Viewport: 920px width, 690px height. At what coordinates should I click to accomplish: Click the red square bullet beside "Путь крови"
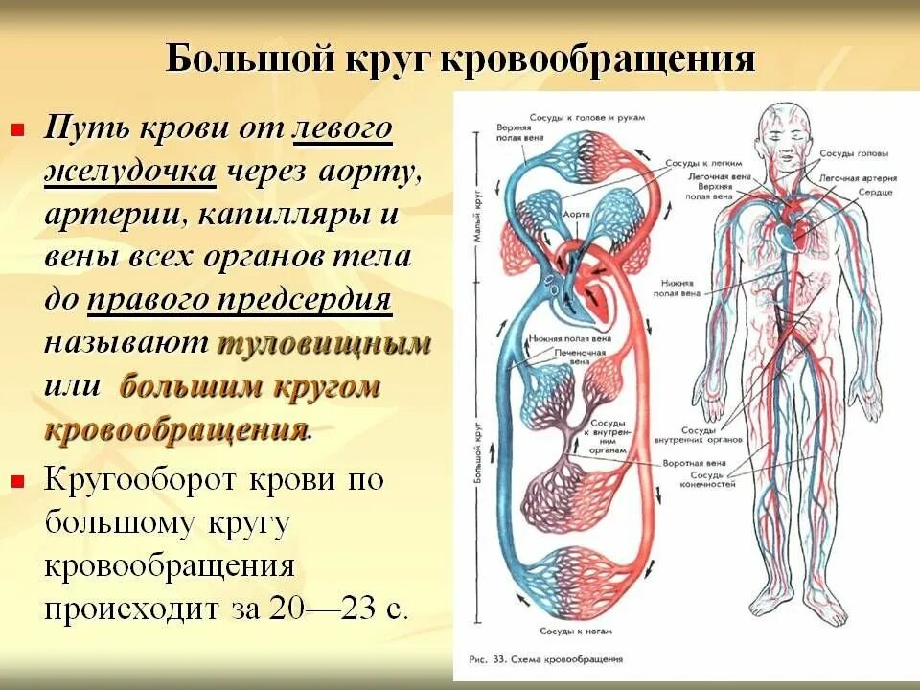point(16,129)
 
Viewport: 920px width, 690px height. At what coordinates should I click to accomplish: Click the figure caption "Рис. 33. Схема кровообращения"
point(543,659)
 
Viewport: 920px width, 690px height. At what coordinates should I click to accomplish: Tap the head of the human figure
point(788,129)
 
